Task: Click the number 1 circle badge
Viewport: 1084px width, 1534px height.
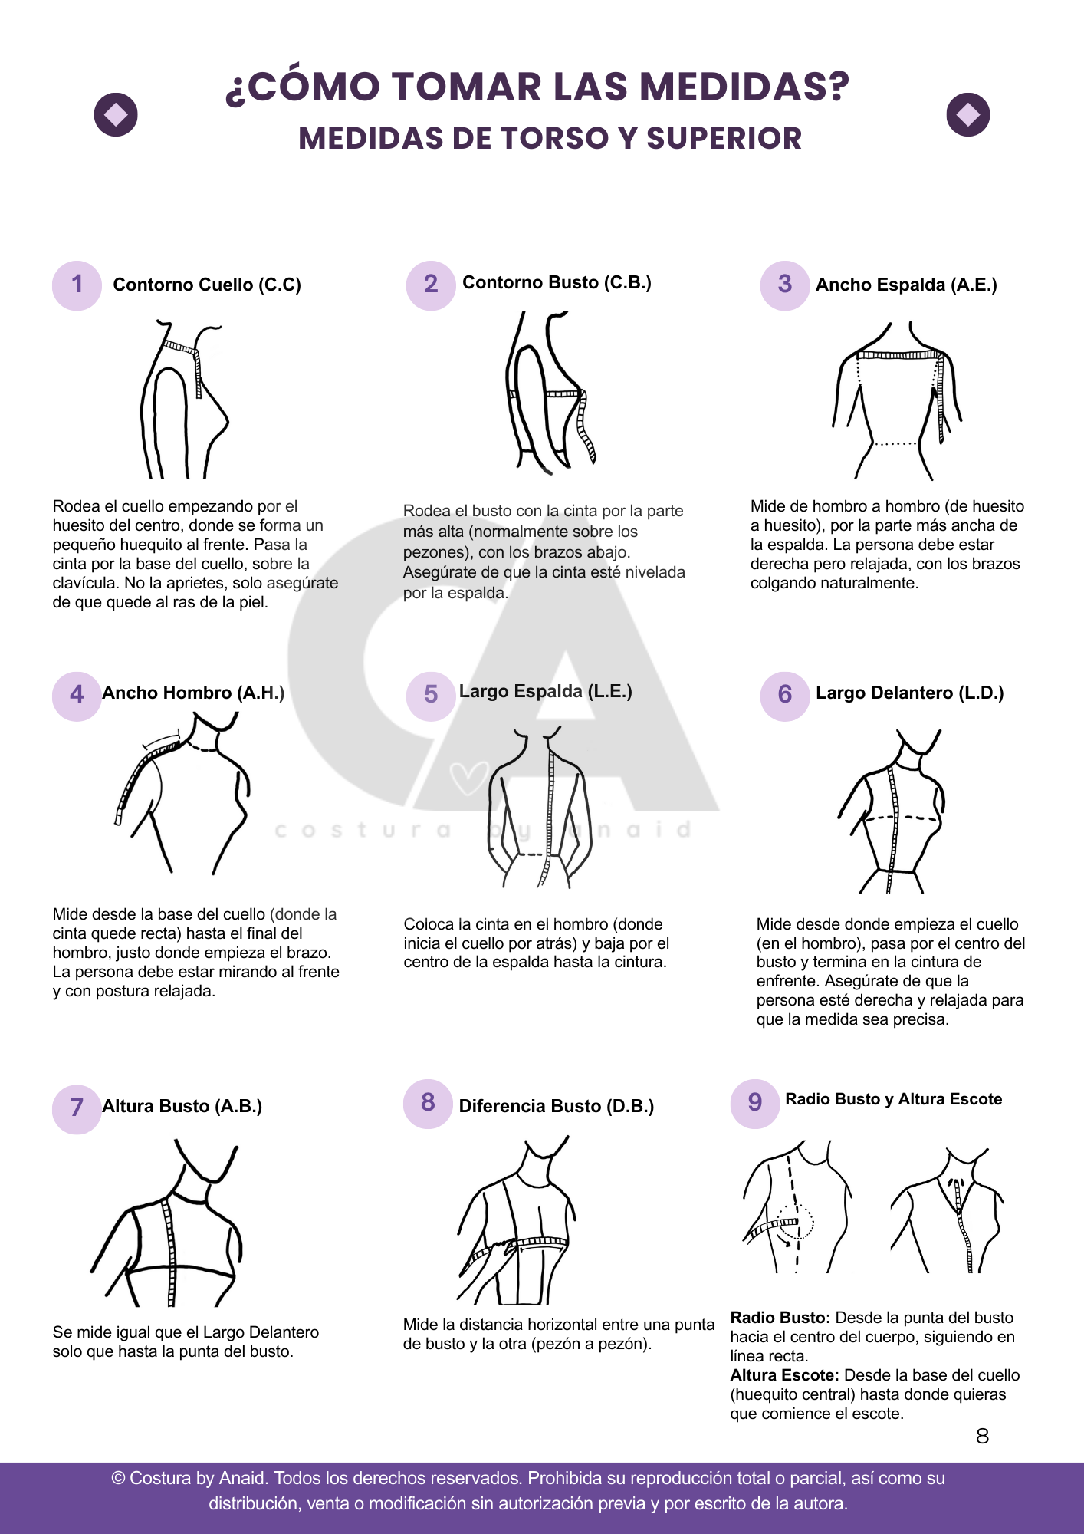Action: tap(77, 285)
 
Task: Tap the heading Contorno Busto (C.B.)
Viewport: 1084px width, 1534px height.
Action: tap(557, 283)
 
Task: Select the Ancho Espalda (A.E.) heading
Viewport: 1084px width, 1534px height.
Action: tap(905, 285)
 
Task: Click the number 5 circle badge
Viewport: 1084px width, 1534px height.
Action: tap(431, 695)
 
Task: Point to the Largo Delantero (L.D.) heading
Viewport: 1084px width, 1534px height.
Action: tap(909, 693)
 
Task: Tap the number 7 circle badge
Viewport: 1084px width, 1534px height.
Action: tap(77, 1108)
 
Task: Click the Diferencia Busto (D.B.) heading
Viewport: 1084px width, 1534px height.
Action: tap(556, 1107)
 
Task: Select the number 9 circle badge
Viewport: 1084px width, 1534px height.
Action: tap(755, 1103)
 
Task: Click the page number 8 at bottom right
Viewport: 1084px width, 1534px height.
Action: tap(982, 1437)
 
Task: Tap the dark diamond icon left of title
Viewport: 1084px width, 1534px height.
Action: tap(116, 115)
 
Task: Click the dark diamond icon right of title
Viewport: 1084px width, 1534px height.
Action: tap(967, 115)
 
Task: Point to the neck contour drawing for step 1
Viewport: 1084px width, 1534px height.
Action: tap(184, 399)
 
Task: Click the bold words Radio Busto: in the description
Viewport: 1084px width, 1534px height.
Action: tap(780, 1318)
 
